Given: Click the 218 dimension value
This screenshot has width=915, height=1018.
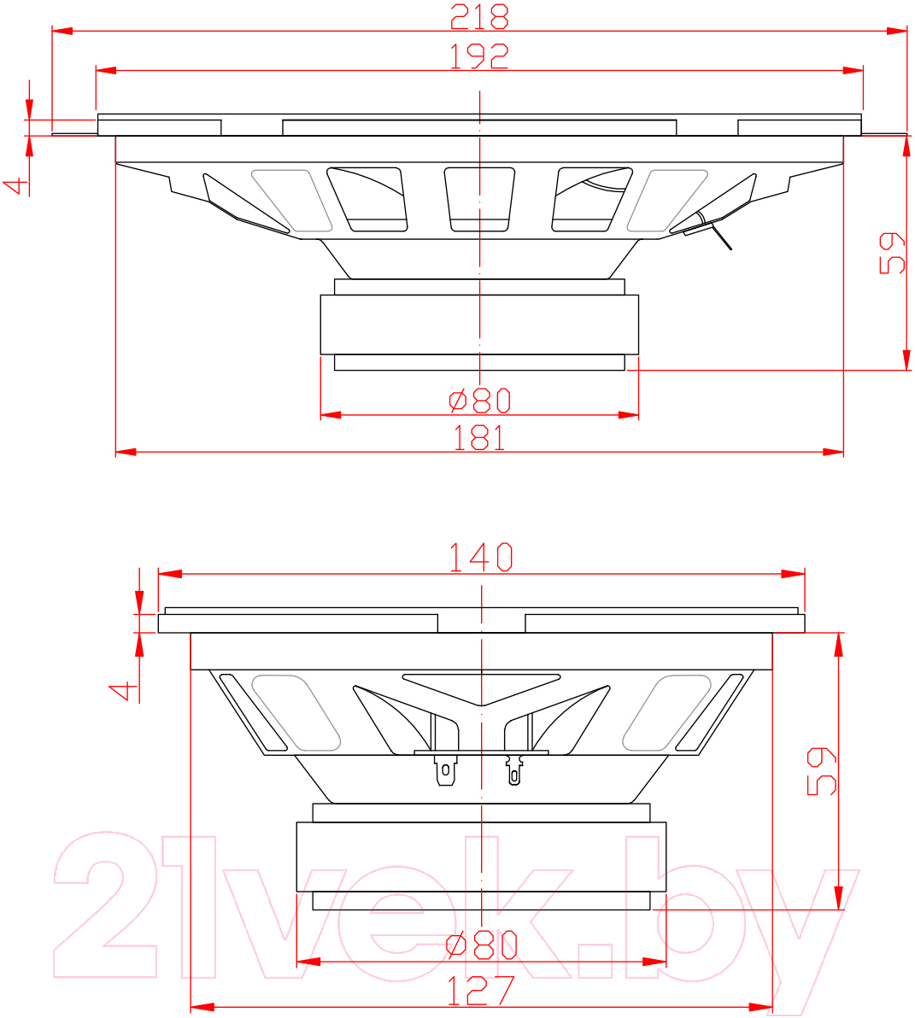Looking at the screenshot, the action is (479, 17).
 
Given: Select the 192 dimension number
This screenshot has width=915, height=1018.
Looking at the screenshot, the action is (479, 56).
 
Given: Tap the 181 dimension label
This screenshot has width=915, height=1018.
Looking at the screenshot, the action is (479, 438).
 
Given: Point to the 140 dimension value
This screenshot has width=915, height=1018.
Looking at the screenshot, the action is (481, 558).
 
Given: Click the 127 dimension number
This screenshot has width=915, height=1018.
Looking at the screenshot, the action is (480, 991).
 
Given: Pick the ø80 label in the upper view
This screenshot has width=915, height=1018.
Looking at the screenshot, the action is (480, 401).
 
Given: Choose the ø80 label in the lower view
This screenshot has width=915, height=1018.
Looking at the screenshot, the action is (482, 946).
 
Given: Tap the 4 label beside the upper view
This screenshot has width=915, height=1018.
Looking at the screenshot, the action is (17, 186).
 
